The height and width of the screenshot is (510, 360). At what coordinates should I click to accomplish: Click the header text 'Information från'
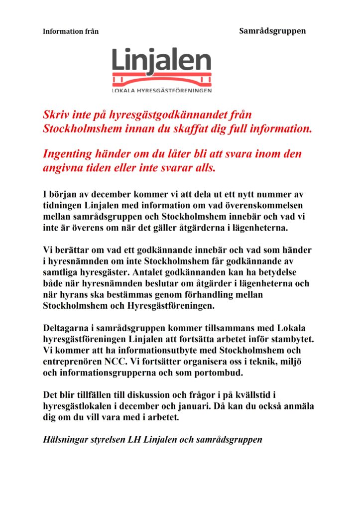(x=71, y=31)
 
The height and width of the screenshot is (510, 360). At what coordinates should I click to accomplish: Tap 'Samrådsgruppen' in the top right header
(x=272, y=31)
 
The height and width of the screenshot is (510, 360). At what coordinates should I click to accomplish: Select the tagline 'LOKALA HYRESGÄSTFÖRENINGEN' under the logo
(x=162, y=91)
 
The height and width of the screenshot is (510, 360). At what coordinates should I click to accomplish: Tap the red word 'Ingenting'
(x=68, y=154)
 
